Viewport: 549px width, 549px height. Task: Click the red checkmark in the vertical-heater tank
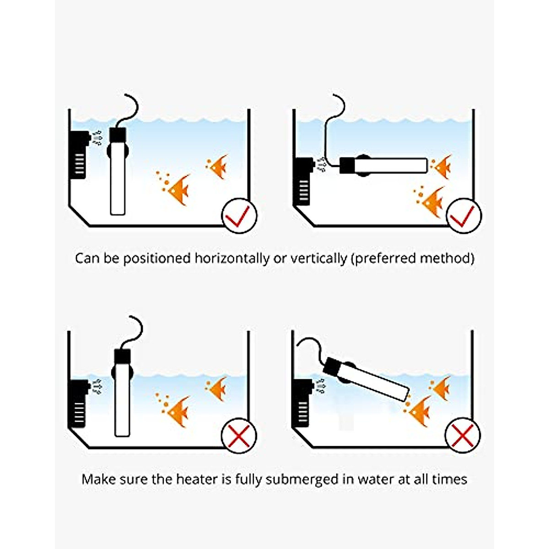click(239, 216)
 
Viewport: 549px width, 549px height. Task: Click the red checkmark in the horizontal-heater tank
click(463, 216)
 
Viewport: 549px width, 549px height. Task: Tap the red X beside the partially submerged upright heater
click(239, 436)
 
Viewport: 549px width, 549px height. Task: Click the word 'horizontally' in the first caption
click(232, 258)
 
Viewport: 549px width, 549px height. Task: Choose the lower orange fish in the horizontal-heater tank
click(431, 201)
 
